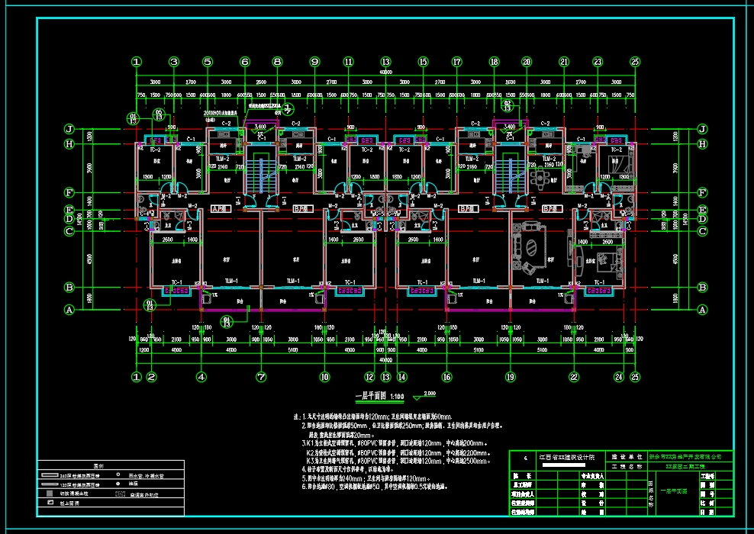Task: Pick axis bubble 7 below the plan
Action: (x=261, y=376)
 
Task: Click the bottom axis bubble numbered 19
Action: (x=510, y=376)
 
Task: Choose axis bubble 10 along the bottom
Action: (x=324, y=376)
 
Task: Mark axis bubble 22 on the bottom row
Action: (x=573, y=376)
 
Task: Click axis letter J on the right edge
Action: (x=701, y=130)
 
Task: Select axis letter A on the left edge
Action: (x=69, y=310)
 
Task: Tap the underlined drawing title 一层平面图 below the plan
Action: (x=372, y=396)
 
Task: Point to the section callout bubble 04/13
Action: (x=227, y=321)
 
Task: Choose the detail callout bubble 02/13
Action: (x=507, y=105)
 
